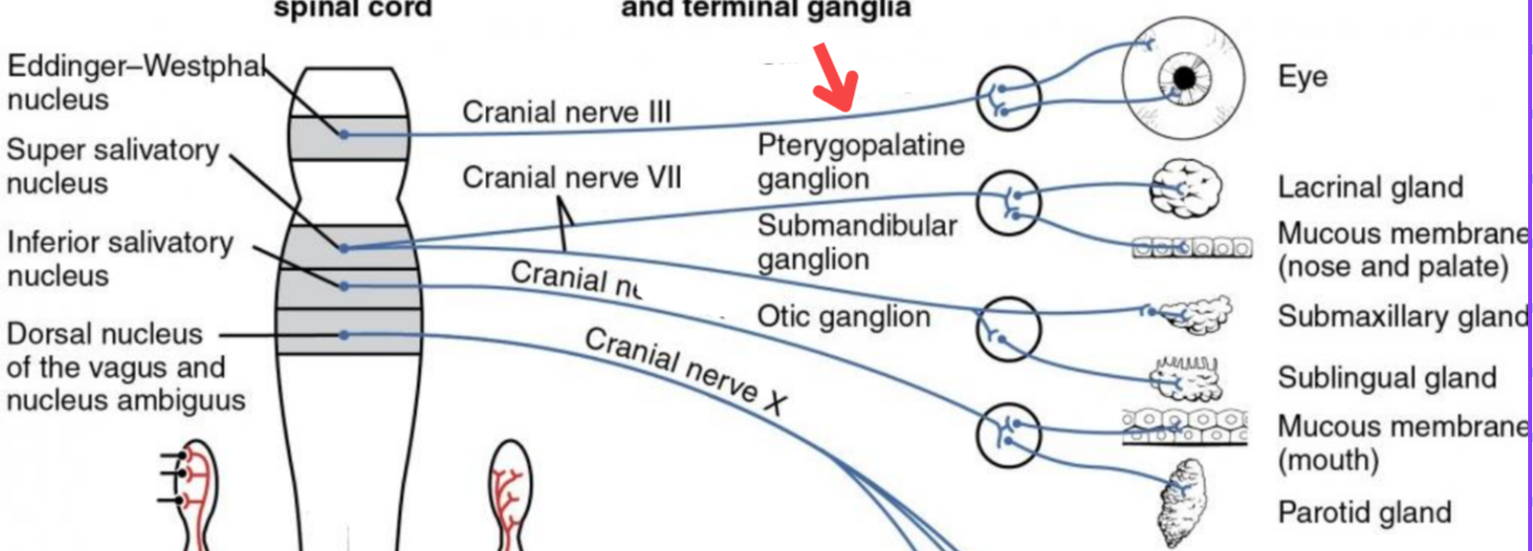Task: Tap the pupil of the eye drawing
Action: [x=1184, y=77]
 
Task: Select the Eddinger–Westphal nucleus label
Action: [x=136, y=83]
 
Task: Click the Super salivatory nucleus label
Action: [x=113, y=167]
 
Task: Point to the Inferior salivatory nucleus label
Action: [x=120, y=258]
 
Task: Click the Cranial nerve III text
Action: [x=566, y=112]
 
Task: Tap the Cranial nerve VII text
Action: [x=571, y=179]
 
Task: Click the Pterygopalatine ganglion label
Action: [x=860, y=162]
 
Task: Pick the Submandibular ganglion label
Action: [x=857, y=242]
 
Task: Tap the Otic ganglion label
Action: [x=843, y=316]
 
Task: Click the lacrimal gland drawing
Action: [x=1186, y=188]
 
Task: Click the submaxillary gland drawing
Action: [x=1193, y=314]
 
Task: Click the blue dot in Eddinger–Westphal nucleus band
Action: [x=344, y=133]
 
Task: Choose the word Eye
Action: [x=1302, y=77]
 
